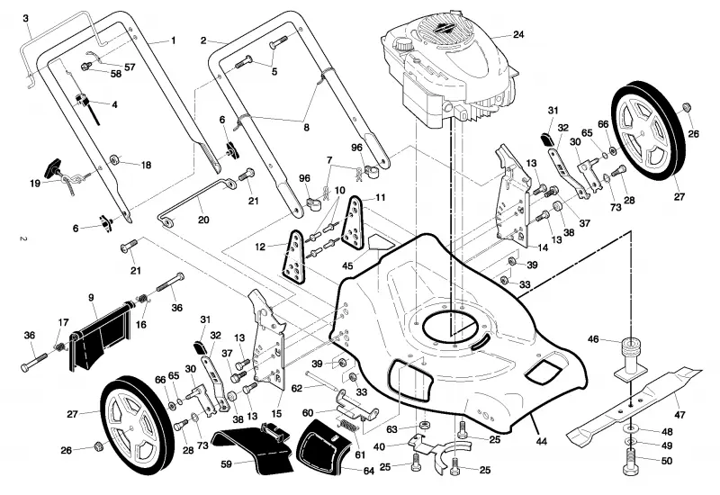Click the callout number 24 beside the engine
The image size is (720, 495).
point(518,34)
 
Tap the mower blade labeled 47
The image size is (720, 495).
point(634,404)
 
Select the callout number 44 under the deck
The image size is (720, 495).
point(542,441)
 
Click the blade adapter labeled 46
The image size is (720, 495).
point(632,359)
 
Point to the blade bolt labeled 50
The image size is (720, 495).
point(633,461)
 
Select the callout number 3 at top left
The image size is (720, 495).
point(26,18)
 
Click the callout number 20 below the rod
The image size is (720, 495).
point(203,220)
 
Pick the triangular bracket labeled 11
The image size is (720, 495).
point(353,222)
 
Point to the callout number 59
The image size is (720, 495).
point(227,464)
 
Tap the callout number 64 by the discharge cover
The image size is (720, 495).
point(369,471)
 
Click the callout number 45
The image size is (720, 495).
point(347,265)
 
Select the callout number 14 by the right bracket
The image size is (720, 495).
point(543,247)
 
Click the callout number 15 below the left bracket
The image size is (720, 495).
point(276,414)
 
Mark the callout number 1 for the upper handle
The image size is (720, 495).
point(173,40)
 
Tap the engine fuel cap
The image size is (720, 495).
point(404,44)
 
